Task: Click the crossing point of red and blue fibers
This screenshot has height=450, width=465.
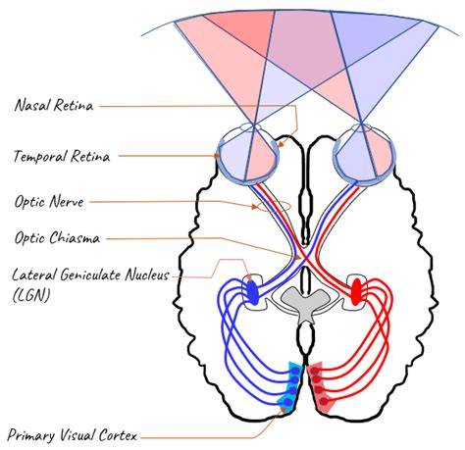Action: [303, 258]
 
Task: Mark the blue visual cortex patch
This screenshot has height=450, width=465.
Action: [290, 387]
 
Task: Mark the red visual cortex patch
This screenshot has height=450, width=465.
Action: [321, 387]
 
